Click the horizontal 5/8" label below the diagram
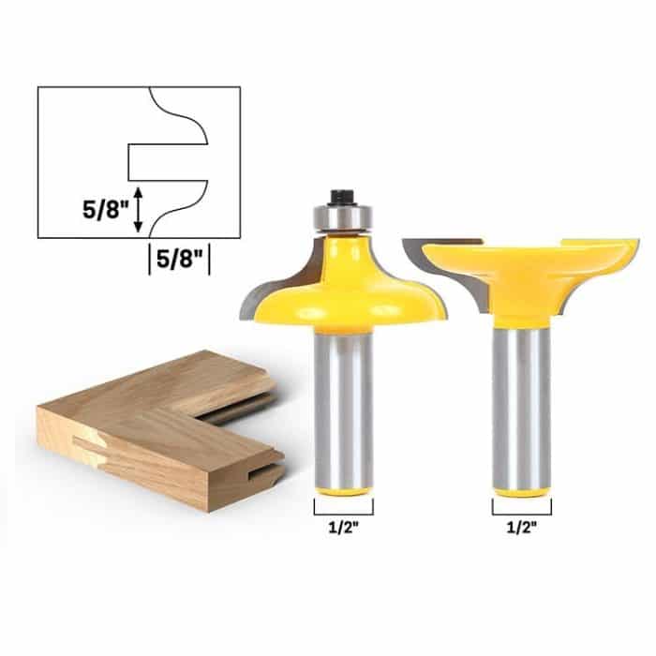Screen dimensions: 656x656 pyautogui.click(x=179, y=257)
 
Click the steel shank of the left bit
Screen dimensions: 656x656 pyautogui.click(x=342, y=403)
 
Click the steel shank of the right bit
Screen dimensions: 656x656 pyautogui.click(x=522, y=403)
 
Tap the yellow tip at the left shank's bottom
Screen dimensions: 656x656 pyautogui.click(x=342, y=488)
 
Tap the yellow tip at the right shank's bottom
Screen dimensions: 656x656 pyautogui.click(x=522, y=486)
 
